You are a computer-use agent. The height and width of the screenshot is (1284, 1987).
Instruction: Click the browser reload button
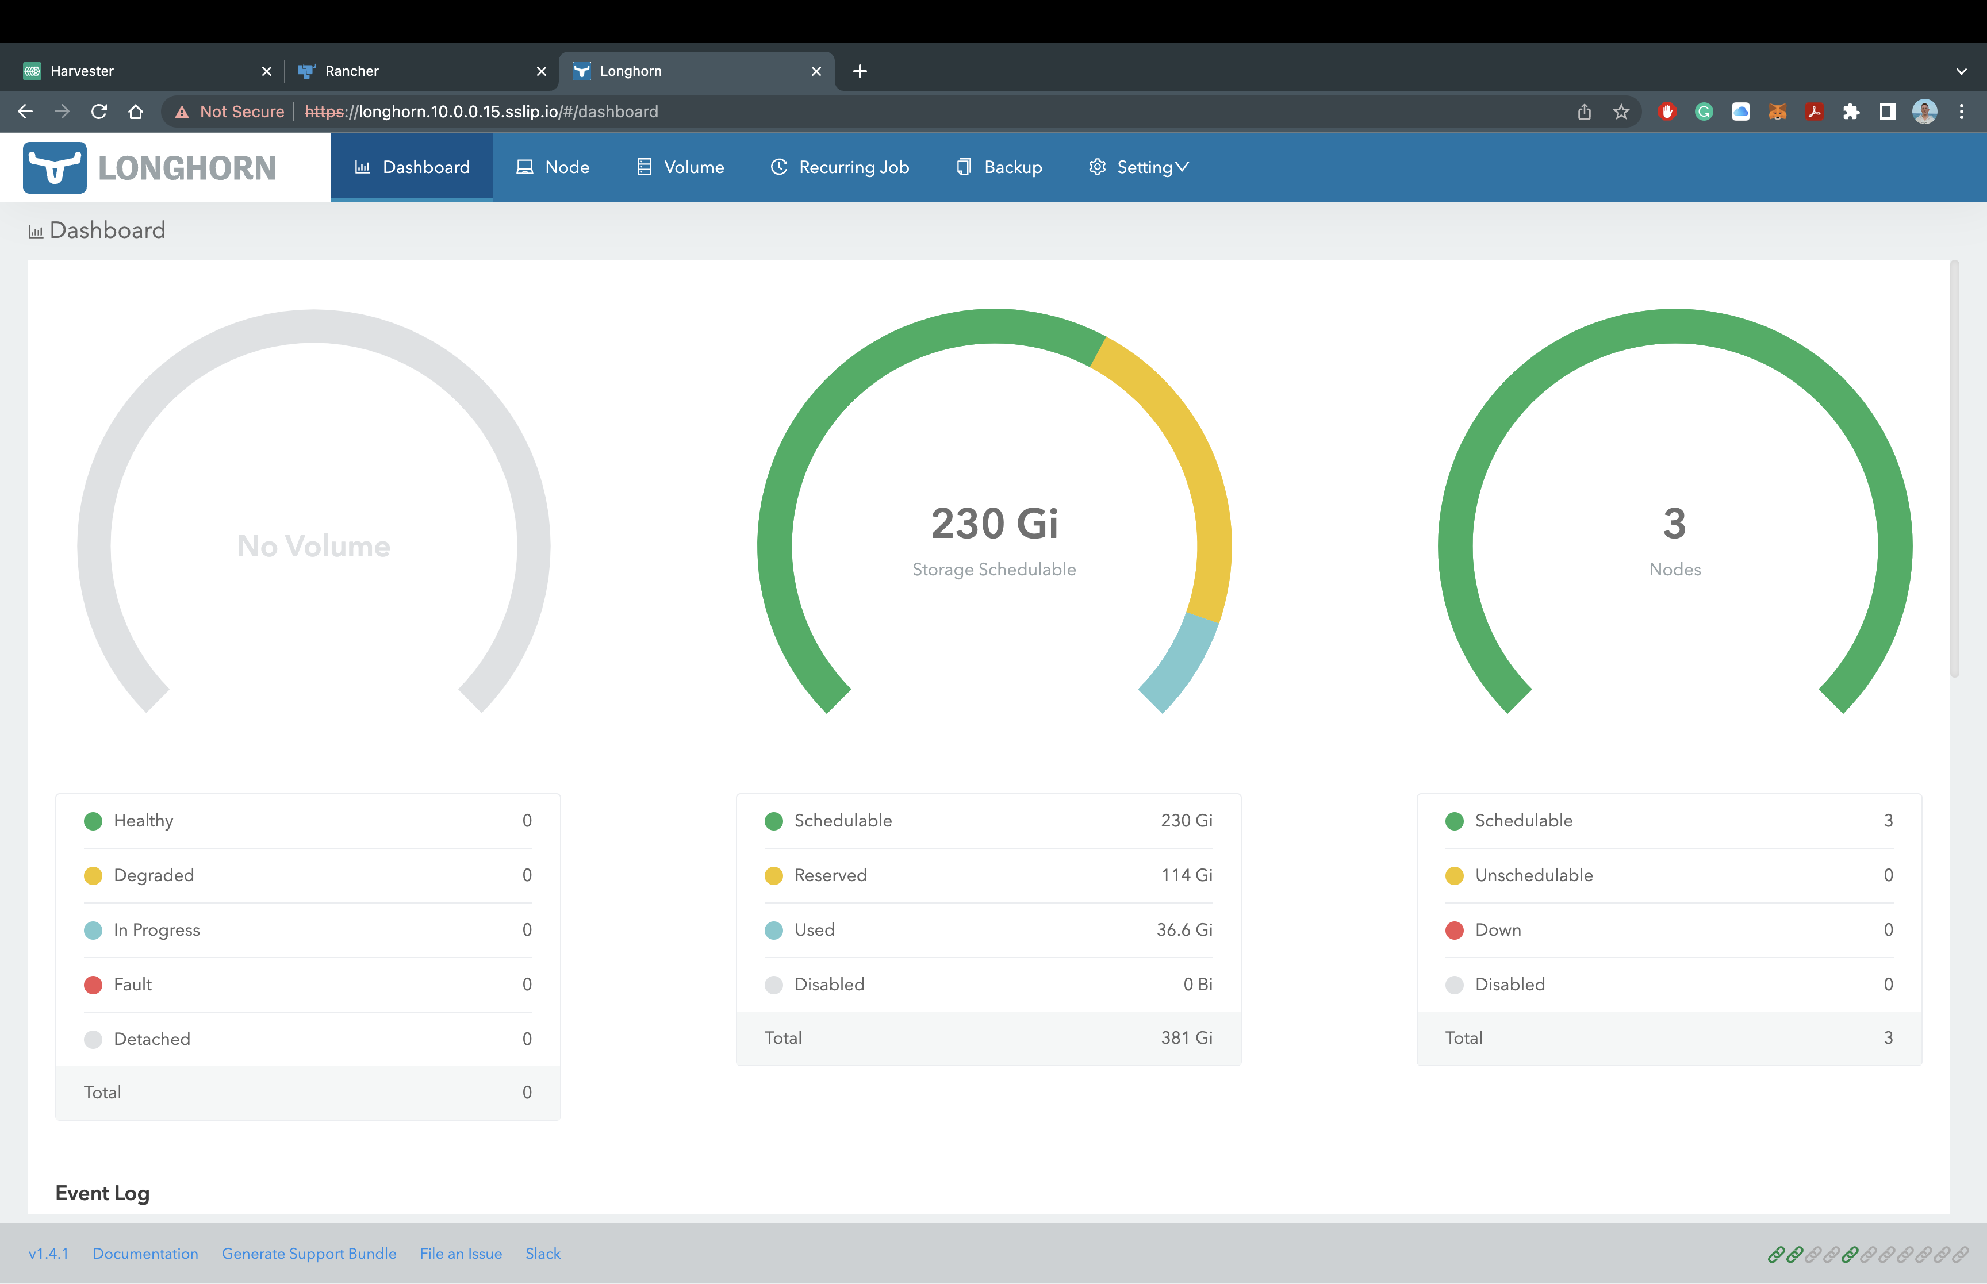coord(98,112)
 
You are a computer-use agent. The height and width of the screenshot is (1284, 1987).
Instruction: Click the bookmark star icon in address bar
coord(1621,112)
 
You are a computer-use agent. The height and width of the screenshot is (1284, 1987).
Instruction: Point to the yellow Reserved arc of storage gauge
coord(1184,450)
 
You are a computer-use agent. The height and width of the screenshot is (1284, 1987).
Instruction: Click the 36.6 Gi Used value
coord(1184,929)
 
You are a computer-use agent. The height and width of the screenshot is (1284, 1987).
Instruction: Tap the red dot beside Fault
coord(93,985)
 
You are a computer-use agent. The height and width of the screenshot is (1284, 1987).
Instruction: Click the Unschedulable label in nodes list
coord(1533,875)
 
